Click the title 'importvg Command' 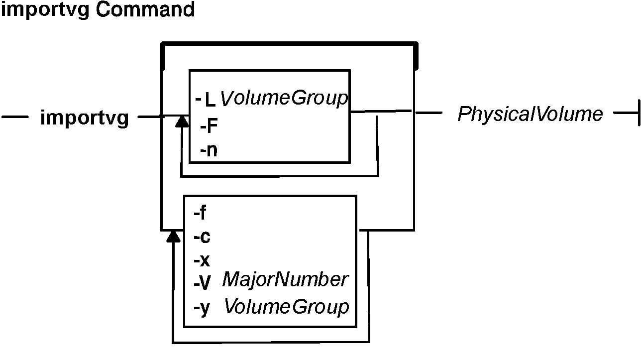pyautogui.click(x=98, y=10)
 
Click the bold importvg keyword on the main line pyautogui.click(x=84, y=119)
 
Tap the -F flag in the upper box pyautogui.click(x=209, y=127)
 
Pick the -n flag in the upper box pyautogui.click(x=209, y=150)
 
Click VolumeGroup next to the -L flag pyautogui.click(x=284, y=99)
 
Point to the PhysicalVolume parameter pyautogui.click(x=530, y=115)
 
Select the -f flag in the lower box pyautogui.click(x=200, y=213)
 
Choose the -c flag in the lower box pyautogui.click(x=202, y=237)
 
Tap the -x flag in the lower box pyautogui.click(x=202, y=261)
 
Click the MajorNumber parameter pyautogui.click(x=285, y=280)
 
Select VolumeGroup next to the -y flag pyautogui.click(x=287, y=307)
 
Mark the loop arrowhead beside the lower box pyautogui.click(x=173, y=236)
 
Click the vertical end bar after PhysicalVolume pyautogui.click(x=638, y=114)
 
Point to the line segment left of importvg pyautogui.click(x=15, y=118)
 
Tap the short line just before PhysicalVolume pyautogui.click(x=428, y=113)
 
